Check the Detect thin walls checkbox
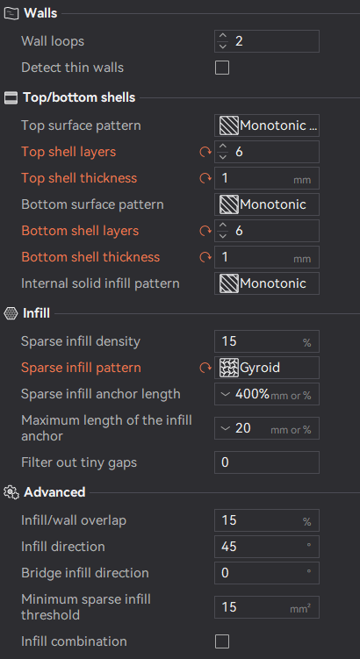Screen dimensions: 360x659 click(x=222, y=68)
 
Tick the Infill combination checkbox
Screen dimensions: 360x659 click(x=222, y=641)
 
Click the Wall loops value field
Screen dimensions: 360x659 click(x=267, y=41)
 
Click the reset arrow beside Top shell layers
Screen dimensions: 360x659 click(x=205, y=152)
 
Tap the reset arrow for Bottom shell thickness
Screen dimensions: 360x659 click(x=205, y=257)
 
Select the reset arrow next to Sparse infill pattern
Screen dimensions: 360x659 click(x=205, y=368)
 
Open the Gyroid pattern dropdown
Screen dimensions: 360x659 click(x=267, y=368)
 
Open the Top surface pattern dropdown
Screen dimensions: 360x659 click(x=267, y=125)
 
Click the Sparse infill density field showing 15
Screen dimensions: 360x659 click(x=267, y=341)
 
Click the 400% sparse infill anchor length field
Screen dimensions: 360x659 click(x=267, y=394)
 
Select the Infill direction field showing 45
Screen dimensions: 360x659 click(x=267, y=547)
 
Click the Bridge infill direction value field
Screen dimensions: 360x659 click(x=267, y=573)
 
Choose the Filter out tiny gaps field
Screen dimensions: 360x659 click(x=267, y=462)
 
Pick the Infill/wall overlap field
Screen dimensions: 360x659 click(x=267, y=520)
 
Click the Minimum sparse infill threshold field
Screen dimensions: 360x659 click(x=267, y=607)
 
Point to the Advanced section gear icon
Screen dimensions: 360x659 click(x=11, y=492)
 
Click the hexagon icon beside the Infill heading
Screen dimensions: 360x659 click(x=11, y=313)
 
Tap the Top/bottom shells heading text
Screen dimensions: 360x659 click(x=79, y=97)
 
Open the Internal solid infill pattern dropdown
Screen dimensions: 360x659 click(x=267, y=283)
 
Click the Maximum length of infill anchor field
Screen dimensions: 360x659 click(x=267, y=428)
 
